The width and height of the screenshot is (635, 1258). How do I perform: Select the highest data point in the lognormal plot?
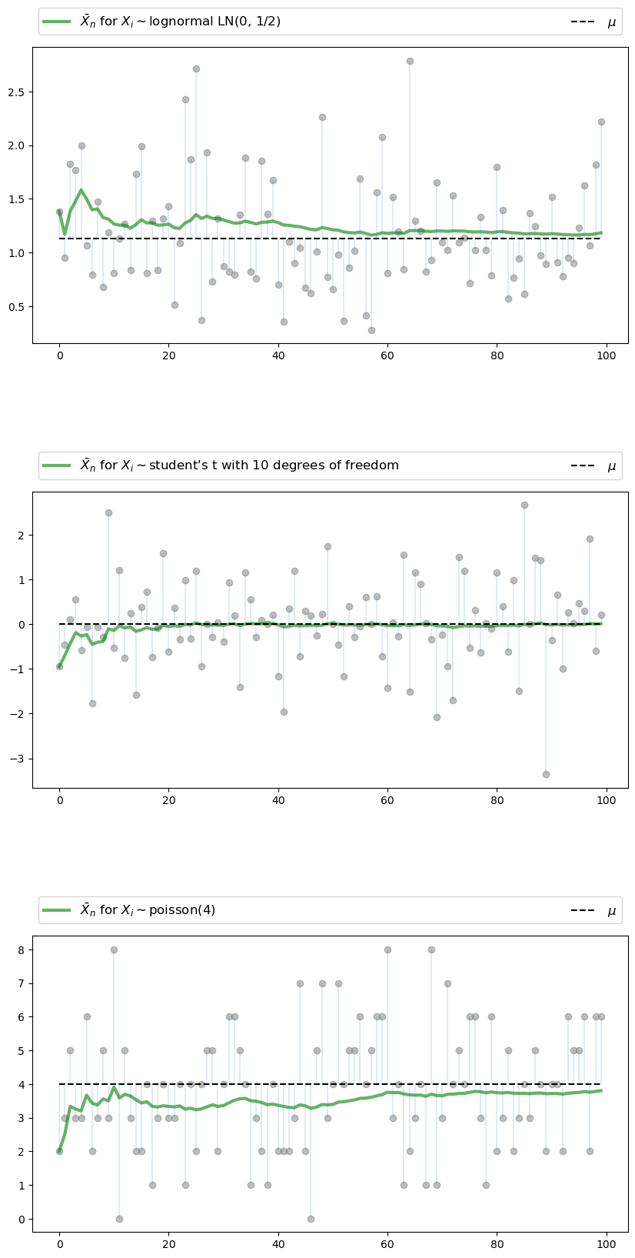click(410, 61)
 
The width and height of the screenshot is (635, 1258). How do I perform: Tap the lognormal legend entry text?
click(181, 22)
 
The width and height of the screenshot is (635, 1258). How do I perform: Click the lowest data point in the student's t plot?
click(546, 774)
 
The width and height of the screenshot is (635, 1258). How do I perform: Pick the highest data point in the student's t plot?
click(524, 505)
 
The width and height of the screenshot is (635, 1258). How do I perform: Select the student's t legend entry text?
click(240, 465)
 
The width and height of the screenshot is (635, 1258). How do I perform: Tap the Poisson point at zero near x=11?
click(119, 1219)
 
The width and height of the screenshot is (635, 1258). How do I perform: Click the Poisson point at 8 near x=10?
click(114, 949)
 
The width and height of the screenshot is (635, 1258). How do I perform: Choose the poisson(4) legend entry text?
click(148, 910)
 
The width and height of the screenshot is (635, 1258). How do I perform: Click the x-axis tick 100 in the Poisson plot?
click(607, 1242)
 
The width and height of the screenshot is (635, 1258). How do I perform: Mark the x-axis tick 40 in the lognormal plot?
click(278, 355)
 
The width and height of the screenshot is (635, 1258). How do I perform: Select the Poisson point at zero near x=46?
click(311, 1219)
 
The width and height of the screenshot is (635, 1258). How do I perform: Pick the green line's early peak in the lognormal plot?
click(81, 190)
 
